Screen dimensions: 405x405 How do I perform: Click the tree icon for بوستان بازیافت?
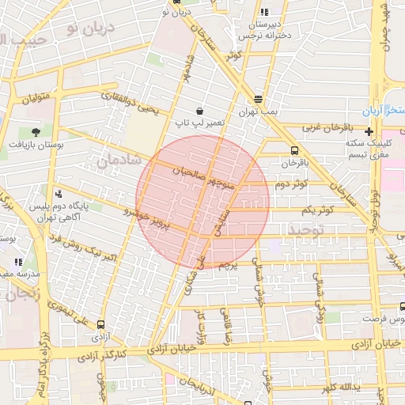pos(36,132)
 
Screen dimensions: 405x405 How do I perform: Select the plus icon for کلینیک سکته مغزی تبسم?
pos(369,131)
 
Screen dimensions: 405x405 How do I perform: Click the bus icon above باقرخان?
pos(295,150)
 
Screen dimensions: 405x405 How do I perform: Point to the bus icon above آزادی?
pos(100,324)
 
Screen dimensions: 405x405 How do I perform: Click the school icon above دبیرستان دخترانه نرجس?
pos(264,13)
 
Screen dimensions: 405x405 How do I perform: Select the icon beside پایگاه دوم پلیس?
pos(59,194)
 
